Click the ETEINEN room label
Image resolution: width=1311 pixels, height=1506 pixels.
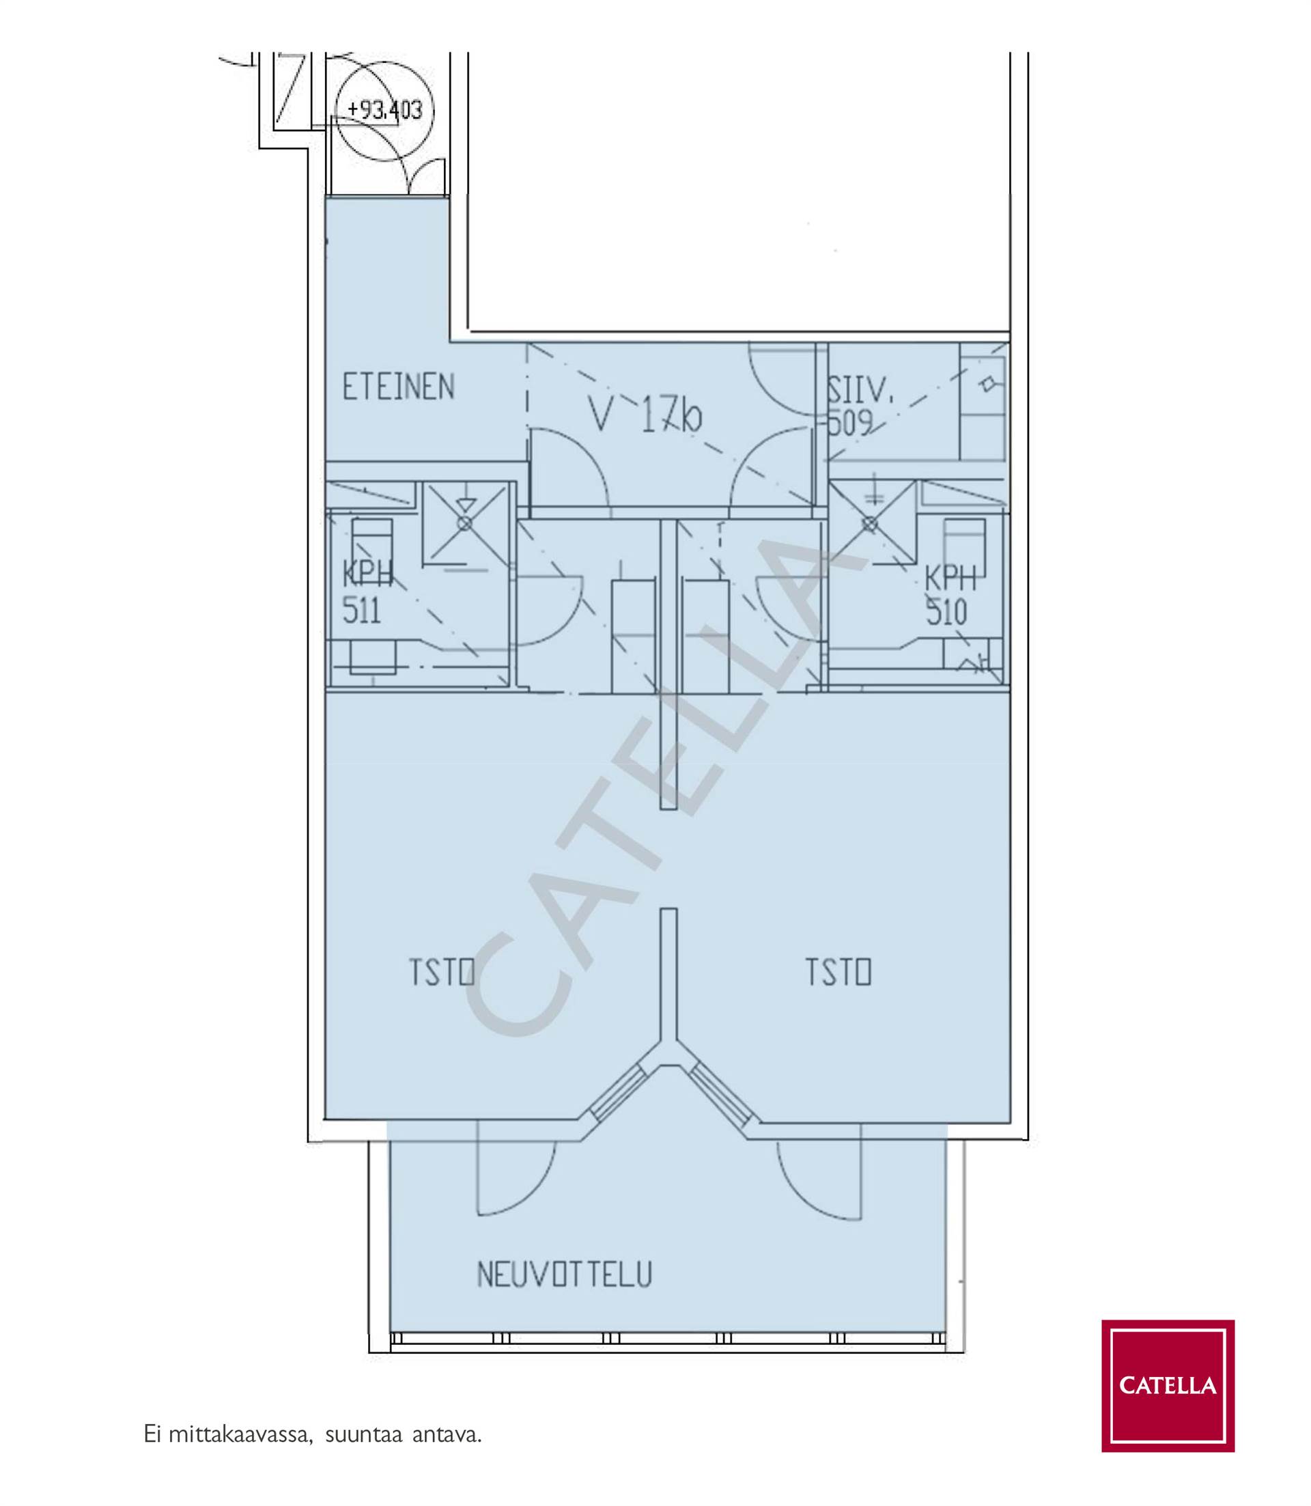398,387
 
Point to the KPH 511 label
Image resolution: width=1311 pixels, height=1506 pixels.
368,592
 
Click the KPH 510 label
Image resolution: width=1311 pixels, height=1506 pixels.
950,595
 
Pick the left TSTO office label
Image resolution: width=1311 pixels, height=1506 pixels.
442,973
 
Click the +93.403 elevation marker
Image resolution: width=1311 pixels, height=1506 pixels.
384,111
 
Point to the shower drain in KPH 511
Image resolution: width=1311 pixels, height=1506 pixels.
464,522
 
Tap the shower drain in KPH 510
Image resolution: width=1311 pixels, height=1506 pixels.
870,524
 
